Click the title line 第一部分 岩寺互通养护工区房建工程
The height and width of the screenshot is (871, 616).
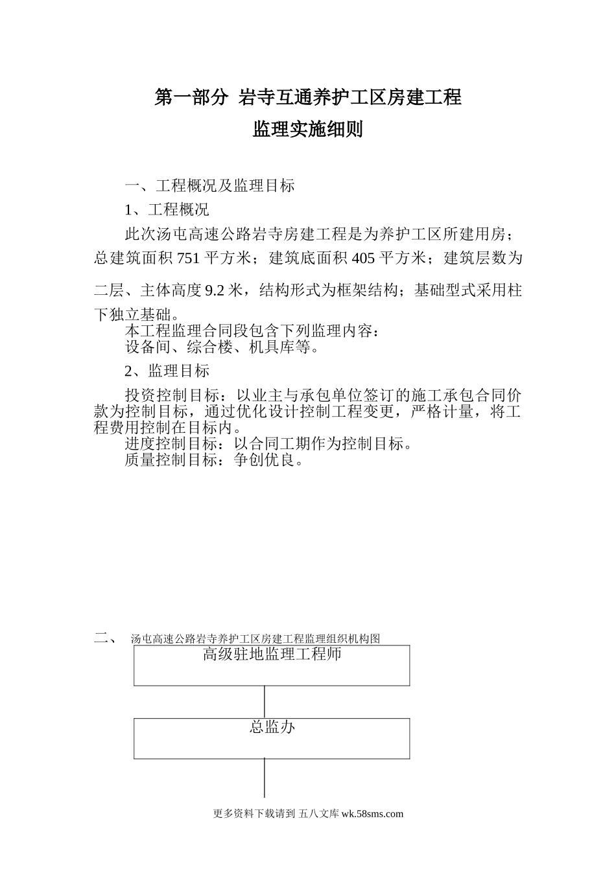coord(308,98)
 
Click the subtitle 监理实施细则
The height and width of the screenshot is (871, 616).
coord(308,130)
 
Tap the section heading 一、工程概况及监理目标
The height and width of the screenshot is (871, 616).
coord(209,186)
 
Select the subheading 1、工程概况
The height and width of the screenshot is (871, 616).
coord(167,210)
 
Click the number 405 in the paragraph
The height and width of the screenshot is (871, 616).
coord(363,259)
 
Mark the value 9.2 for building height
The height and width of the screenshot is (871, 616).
coord(215,291)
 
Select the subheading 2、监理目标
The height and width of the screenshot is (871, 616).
coord(167,371)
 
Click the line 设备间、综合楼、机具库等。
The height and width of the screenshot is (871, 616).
coord(222,347)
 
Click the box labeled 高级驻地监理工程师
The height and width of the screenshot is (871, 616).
coord(272,665)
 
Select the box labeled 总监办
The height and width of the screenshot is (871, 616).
coord(272,738)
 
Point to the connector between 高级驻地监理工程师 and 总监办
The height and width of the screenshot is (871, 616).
coord(265,702)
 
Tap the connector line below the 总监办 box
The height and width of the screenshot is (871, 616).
coord(265,778)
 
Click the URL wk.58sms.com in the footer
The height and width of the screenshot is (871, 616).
coord(372,814)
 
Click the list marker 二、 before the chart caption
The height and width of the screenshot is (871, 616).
coord(104,638)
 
